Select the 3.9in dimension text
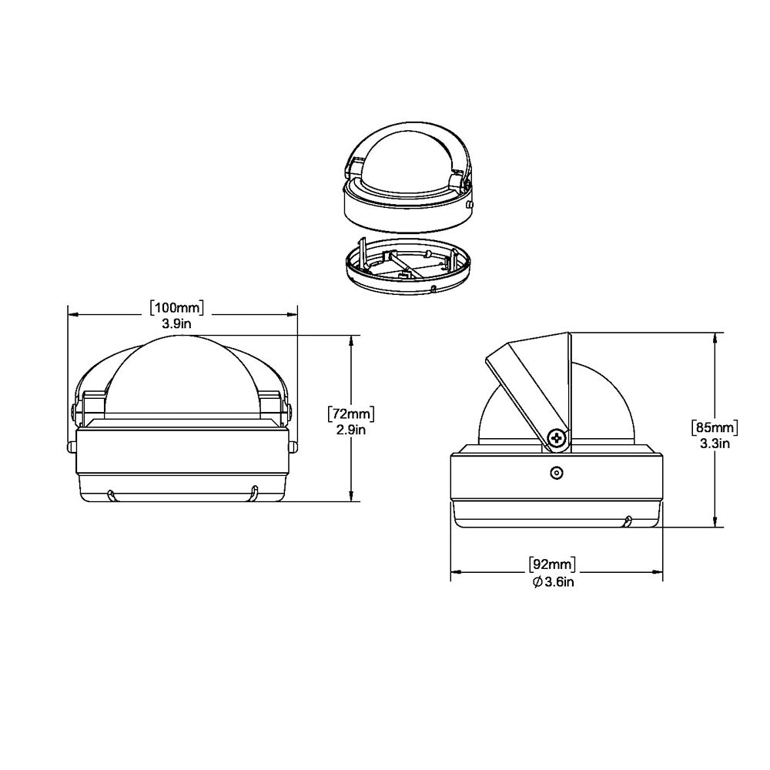pyautogui.click(x=176, y=324)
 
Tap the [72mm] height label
pyautogui.click(x=351, y=413)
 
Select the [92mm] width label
pyautogui.click(x=553, y=564)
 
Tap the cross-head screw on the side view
pyautogui.click(x=557, y=439)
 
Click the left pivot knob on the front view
pyautogui.click(x=75, y=413)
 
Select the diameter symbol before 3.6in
pyautogui.click(x=537, y=581)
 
